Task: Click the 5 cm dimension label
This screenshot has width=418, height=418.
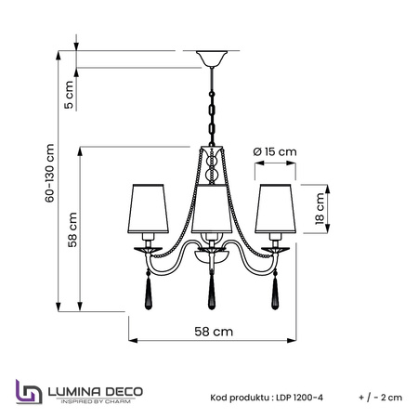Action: point(69,95)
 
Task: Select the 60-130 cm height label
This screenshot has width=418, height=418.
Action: point(49,173)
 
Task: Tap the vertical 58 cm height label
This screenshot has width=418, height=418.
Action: point(72,229)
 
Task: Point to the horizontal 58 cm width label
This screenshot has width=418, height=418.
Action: point(214,332)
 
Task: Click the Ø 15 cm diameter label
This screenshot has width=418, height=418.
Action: point(275,151)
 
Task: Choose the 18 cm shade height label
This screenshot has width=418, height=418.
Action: point(320,208)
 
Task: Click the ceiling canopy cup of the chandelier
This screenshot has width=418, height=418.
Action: point(212,59)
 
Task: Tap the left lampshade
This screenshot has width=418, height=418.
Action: point(148,209)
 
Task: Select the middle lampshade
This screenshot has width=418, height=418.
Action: point(212,209)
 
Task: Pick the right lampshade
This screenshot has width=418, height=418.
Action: point(275,209)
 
